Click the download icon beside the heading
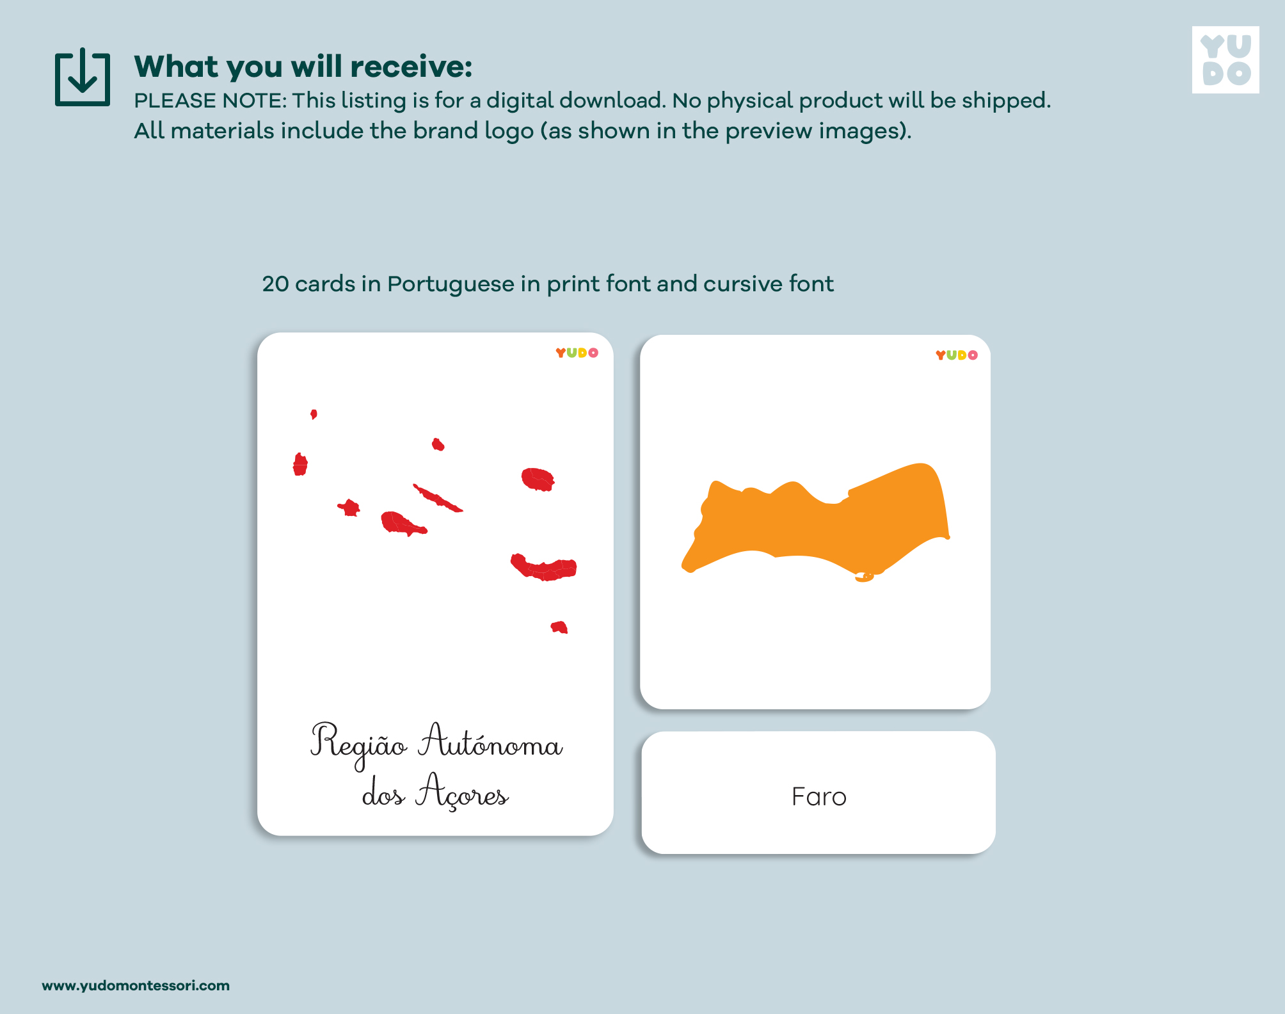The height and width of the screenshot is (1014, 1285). pyautogui.click(x=83, y=77)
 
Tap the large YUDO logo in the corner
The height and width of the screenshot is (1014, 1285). pyautogui.click(x=1225, y=60)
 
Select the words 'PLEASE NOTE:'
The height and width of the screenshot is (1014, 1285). pyautogui.click(x=211, y=101)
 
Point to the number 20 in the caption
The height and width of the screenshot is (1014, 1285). pyautogui.click(x=275, y=284)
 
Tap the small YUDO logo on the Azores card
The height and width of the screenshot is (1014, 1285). pyautogui.click(x=577, y=353)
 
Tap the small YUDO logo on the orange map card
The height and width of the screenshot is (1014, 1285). pyautogui.click(x=957, y=355)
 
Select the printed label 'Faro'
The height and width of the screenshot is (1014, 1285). pyautogui.click(x=818, y=797)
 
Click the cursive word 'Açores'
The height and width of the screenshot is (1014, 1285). pyautogui.click(x=462, y=792)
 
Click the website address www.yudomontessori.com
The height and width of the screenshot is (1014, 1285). pyautogui.click(x=136, y=985)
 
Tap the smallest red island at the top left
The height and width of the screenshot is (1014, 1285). pyautogui.click(x=314, y=414)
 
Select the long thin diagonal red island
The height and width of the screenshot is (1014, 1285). pyautogui.click(x=438, y=498)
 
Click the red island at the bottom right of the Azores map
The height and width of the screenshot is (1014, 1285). pyautogui.click(x=559, y=627)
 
